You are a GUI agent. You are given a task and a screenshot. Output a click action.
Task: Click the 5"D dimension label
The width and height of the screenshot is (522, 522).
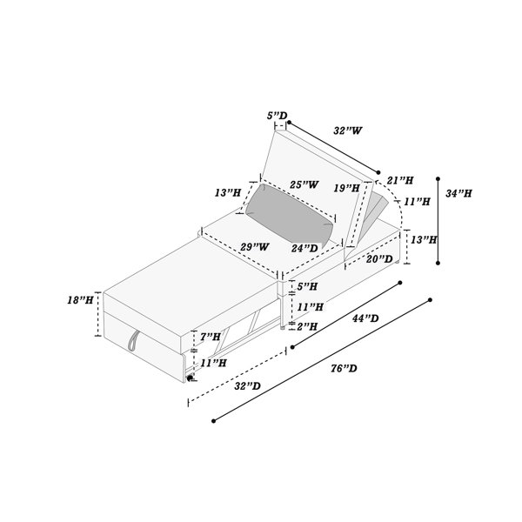[x=277, y=116]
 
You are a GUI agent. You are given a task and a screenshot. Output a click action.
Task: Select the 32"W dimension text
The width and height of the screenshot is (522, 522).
[x=347, y=130]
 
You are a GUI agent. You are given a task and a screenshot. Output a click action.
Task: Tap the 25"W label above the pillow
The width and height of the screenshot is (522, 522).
[x=304, y=184]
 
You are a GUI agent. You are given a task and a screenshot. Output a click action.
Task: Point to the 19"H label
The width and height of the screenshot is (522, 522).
[x=347, y=188]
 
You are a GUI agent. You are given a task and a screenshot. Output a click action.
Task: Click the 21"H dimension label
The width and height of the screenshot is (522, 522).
[x=400, y=180]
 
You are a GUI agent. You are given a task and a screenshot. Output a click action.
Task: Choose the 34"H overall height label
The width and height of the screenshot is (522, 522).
[x=458, y=193]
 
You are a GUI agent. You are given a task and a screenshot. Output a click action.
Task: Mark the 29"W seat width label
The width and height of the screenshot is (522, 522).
[x=255, y=247]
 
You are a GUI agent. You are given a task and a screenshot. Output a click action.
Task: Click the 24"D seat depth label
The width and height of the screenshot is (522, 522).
[x=304, y=248]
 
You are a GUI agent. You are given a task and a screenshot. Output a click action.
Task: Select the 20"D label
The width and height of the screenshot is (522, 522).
[x=379, y=258]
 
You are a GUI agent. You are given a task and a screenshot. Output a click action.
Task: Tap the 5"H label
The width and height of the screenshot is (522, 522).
[x=307, y=286]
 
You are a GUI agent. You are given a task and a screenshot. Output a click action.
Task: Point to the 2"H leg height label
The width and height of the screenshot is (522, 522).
[x=307, y=326]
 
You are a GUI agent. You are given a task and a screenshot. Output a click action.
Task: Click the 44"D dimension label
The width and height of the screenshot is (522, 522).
[x=365, y=318]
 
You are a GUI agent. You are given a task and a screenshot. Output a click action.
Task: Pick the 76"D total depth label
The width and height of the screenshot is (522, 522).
[x=344, y=368]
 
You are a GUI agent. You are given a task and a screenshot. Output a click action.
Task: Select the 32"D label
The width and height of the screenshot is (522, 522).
[x=247, y=385]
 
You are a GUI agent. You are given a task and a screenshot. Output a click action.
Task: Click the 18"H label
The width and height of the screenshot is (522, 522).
[x=80, y=300]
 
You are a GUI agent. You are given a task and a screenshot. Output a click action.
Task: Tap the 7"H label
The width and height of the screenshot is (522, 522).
[x=211, y=337]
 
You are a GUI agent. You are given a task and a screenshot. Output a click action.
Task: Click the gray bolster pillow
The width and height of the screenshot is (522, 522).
[x=289, y=214]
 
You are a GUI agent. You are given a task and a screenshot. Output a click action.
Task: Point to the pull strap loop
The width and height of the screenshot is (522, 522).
[x=132, y=340]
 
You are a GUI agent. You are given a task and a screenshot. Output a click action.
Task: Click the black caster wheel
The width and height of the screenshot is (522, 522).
[x=190, y=378]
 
